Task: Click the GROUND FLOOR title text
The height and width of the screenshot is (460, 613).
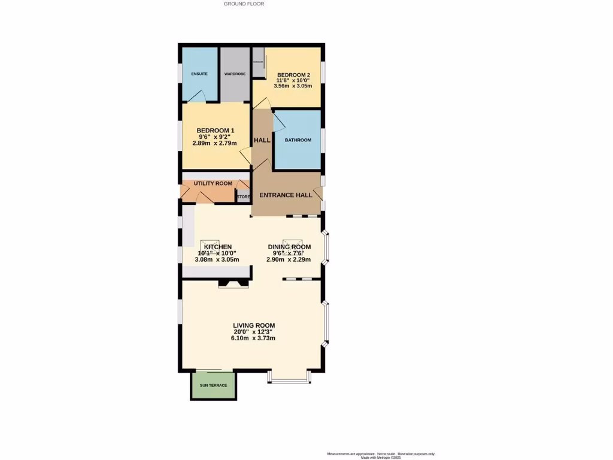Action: click(x=244, y=4)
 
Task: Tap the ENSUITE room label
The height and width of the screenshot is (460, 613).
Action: click(x=199, y=74)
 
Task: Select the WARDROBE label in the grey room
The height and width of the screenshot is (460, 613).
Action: click(x=235, y=74)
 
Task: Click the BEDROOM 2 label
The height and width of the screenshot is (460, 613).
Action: click(x=293, y=75)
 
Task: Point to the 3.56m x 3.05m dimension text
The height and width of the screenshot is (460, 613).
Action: click(x=293, y=86)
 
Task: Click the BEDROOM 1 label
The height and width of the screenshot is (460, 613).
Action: click(x=215, y=131)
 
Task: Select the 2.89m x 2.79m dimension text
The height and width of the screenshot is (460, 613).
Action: click(x=214, y=143)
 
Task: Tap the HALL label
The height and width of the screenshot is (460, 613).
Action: click(x=262, y=140)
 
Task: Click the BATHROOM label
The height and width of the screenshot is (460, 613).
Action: click(x=298, y=140)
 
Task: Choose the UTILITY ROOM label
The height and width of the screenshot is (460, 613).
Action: click(x=213, y=183)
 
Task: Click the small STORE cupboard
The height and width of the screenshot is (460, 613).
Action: click(x=243, y=196)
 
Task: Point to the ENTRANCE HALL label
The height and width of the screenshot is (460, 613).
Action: click(x=286, y=195)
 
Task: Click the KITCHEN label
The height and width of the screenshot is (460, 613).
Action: click(x=217, y=247)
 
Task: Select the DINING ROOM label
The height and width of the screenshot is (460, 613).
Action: click(x=289, y=247)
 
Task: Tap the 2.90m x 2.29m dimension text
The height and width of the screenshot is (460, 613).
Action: click(x=289, y=259)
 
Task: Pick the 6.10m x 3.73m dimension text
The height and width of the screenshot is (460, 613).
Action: click(x=253, y=338)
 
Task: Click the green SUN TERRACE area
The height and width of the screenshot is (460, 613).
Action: click(x=214, y=385)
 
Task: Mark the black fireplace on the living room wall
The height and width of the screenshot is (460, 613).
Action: click(x=233, y=283)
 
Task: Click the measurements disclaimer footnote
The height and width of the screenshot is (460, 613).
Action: click(x=380, y=455)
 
